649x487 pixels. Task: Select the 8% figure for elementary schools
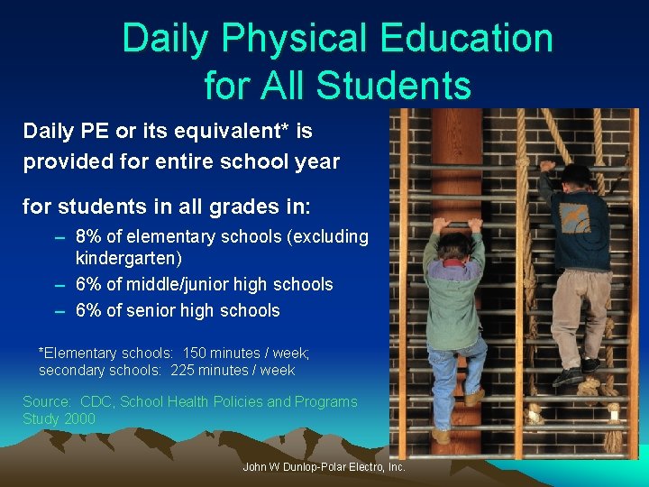pos(91,237)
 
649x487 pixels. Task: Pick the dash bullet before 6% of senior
pos(59,311)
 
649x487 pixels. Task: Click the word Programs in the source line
pos(325,402)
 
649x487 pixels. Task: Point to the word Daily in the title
pos(165,39)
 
